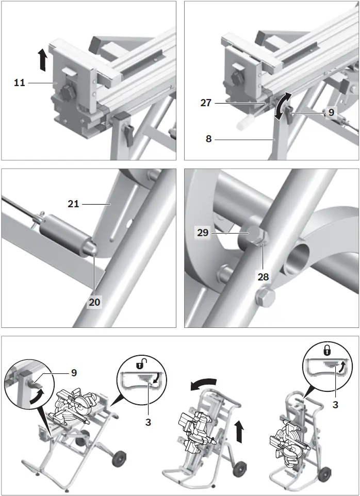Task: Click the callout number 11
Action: (x=19, y=82)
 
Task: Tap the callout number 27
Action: (x=205, y=102)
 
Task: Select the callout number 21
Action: (x=74, y=204)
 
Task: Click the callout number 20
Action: (x=94, y=302)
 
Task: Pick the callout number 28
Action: (x=264, y=276)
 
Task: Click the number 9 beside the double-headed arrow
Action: (x=332, y=112)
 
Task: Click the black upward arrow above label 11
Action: (x=43, y=61)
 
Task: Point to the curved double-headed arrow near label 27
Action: (x=281, y=106)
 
